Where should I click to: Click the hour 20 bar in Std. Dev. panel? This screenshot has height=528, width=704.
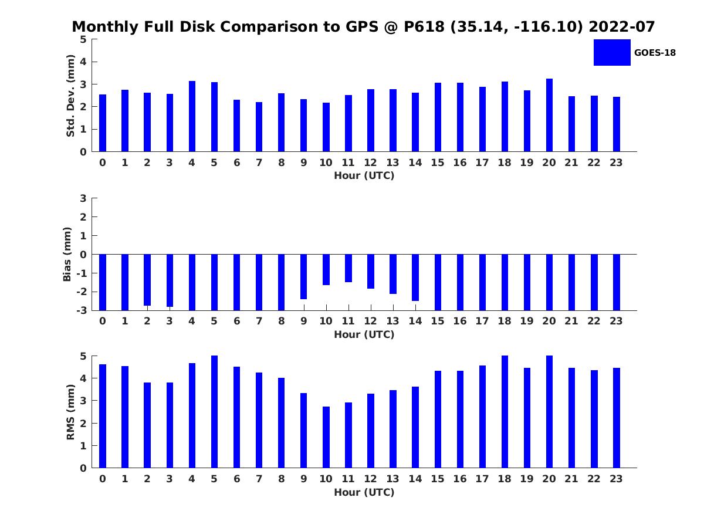[x=549, y=115]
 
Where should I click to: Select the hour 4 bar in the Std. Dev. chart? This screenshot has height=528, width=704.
[x=192, y=116]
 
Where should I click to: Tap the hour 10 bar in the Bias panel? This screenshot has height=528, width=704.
[x=326, y=270]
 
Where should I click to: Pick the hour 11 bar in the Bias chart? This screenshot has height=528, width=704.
[x=348, y=268]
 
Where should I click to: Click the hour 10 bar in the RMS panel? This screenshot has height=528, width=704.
[x=326, y=437]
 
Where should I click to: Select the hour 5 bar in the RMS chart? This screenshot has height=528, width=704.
[x=214, y=412]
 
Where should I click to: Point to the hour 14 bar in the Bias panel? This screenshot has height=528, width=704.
[x=415, y=277]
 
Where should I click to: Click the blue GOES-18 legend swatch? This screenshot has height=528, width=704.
[x=612, y=53]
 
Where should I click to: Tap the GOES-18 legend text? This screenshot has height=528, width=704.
[x=655, y=53]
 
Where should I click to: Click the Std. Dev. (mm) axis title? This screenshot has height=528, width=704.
[x=70, y=96]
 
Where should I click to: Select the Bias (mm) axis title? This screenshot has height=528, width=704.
[x=67, y=254]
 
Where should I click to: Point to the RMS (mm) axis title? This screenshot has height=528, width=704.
[x=70, y=412]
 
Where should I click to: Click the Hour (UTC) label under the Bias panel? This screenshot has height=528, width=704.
[x=364, y=334]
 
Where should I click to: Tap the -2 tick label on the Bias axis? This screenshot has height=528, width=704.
[x=82, y=292]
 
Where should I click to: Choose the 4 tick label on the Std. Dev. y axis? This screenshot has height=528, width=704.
[x=83, y=62]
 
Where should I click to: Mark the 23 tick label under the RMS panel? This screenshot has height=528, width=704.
[x=616, y=479]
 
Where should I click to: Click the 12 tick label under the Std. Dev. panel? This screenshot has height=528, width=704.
[x=370, y=163]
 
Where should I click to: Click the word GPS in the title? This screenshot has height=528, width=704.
[x=362, y=26]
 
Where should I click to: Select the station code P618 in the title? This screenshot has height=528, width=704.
[x=424, y=26]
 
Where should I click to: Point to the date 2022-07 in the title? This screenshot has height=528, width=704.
[x=621, y=26]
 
